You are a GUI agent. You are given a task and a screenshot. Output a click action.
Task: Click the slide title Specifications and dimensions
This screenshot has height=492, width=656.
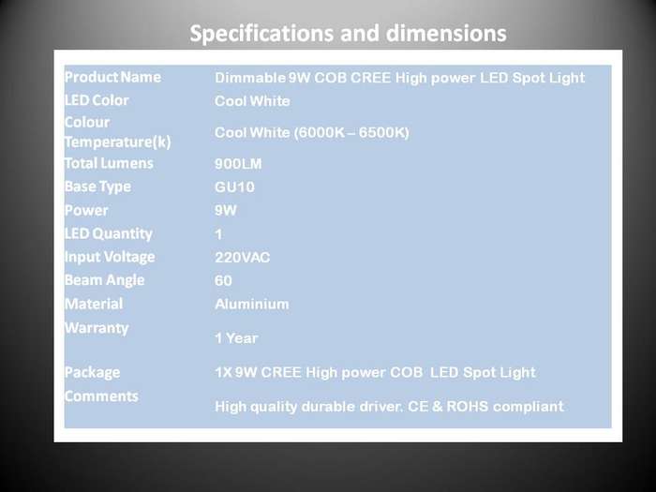pos(348,34)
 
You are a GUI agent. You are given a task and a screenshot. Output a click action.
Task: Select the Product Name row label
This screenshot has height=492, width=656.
pos(113,77)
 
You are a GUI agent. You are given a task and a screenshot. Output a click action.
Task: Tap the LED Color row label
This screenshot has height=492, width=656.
pos(97,100)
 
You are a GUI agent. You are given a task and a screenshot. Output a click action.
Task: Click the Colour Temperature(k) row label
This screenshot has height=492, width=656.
pos(118,132)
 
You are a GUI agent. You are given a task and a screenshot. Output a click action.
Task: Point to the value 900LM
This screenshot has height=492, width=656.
pos(238,164)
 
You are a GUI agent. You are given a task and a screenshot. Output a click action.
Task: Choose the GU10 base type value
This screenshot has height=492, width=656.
pos(234,187)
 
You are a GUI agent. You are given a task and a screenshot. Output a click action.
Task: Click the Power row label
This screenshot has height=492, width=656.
pos(86,210)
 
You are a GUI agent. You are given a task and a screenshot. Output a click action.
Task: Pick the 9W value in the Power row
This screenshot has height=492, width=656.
pos(226,210)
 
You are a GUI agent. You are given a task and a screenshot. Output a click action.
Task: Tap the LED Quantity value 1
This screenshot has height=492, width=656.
pos(218,234)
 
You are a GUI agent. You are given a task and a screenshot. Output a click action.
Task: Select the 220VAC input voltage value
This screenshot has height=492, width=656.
pos(242,258)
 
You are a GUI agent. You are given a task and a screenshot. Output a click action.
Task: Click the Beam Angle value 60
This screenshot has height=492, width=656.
pos(223,281)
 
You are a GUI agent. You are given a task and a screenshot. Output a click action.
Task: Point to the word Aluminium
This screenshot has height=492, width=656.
pos(252,305)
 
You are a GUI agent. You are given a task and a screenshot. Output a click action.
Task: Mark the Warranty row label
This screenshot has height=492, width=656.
pos(97,328)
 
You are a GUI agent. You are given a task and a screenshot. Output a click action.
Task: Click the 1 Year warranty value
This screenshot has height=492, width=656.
pos(236,338)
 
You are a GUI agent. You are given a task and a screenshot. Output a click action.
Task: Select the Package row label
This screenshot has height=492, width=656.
pos(93,372)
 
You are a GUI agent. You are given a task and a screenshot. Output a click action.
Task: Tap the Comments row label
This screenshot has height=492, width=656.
pos(101,395)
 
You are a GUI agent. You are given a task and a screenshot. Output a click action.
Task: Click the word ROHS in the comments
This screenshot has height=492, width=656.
pos(468,406)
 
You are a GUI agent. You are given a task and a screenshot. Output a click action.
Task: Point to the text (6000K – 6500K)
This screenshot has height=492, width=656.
pos(351,133)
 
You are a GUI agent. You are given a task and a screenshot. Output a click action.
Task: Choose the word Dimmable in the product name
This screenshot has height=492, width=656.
pos(250,78)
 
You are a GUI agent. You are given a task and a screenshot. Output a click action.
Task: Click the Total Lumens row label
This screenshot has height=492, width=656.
pos(110,163)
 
